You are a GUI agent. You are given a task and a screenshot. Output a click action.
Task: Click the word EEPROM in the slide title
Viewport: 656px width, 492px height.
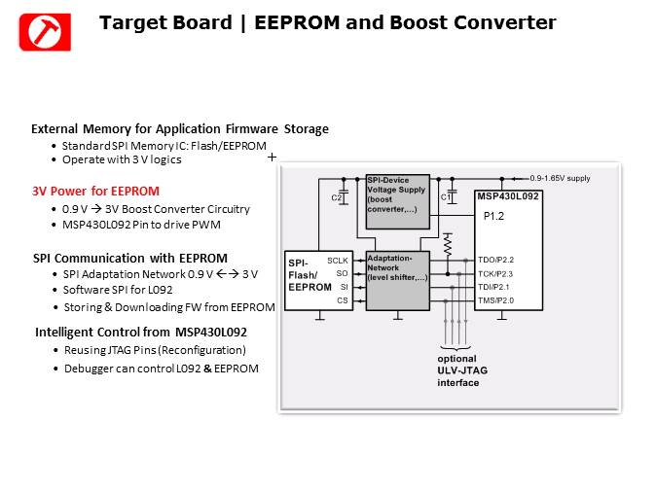coord(293,22)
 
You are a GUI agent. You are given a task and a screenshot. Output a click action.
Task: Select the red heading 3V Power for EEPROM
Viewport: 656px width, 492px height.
coord(95,191)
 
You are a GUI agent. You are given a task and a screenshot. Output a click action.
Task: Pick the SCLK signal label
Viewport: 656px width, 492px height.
coord(338,261)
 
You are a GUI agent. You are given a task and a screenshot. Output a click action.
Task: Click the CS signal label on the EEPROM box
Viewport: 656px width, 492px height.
coord(342,301)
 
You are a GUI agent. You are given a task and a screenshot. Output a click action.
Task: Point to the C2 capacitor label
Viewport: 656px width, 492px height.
coord(337,198)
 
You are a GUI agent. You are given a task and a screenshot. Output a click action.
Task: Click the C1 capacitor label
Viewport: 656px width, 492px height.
coord(446,198)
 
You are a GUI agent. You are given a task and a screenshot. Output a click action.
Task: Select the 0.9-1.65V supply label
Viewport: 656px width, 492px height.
coord(561,179)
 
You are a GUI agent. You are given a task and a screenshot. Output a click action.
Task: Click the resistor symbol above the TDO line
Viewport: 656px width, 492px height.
coord(447,244)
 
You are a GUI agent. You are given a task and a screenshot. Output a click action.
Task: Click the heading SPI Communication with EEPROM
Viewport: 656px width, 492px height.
coord(129,258)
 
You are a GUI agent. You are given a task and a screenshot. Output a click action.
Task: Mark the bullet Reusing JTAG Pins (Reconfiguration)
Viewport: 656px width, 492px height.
coord(154,350)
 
